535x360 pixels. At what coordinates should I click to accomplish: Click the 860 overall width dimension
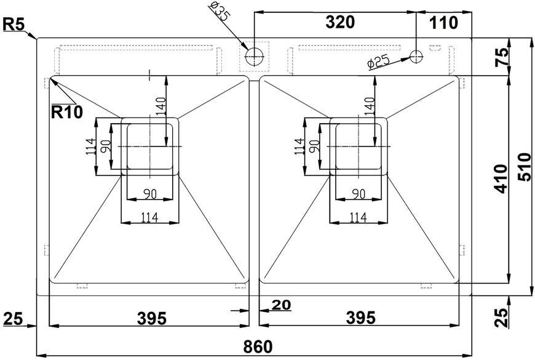(258, 346)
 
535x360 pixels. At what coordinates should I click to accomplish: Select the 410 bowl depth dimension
(501, 178)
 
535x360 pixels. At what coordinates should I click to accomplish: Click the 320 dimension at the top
(340, 22)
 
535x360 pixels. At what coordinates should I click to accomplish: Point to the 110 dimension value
(443, 23)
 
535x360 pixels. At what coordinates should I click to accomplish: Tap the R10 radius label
(67, 111)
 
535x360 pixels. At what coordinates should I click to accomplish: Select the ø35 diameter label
(220, 11)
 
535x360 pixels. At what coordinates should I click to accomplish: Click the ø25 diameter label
(378, 62)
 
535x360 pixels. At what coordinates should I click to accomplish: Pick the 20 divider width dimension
(282, 305)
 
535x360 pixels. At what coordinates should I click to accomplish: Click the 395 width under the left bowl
(152, 318)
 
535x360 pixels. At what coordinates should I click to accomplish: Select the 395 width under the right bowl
(360, 318)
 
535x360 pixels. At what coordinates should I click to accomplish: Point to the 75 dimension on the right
(502, 57)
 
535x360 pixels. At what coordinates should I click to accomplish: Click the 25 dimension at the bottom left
(14, 319)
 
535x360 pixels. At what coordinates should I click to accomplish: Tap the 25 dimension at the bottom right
(501, 318)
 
